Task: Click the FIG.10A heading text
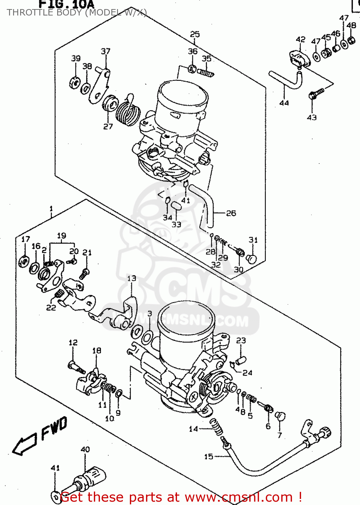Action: (x=67, y=4)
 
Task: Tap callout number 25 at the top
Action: (x=195, y=34)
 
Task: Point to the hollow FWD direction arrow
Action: (x=24, y=444)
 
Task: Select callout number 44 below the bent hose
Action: (x=284, y=103)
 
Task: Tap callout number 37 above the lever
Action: (x=106, y=51)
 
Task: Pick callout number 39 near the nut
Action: (x=76, y=58)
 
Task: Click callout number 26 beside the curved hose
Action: (x=231, y=213)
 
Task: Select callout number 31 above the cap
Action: (x=253, y=240)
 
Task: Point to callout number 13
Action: (x=132, y=278)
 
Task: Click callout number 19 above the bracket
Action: (x=62, y=236)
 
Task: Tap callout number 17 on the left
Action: (x=26, y=239)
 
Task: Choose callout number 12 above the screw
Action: (x=73, y=342)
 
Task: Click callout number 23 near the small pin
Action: (x=241, y=340)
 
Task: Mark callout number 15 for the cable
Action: (x=209, y=457)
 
